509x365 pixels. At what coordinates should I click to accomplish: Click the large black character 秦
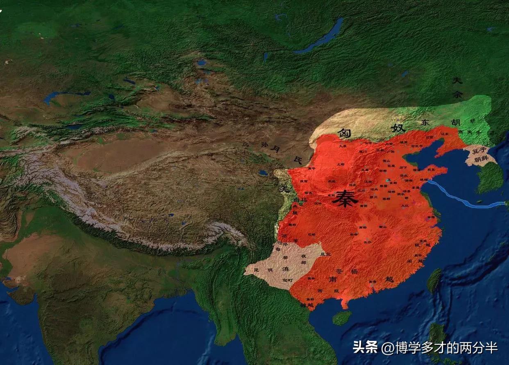pos(343,198)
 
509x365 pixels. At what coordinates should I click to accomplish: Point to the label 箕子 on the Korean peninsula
pos(478,151)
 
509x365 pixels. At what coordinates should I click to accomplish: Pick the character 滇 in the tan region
pos(286,270)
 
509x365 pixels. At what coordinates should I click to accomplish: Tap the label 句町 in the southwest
pos(287,281)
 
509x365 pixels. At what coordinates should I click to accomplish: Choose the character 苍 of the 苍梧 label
pos(339,271)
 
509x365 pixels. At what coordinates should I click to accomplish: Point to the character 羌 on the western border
pos(282,189)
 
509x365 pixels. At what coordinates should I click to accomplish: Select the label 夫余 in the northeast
pos(457,87)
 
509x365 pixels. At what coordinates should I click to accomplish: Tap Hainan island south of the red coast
pos(341,317)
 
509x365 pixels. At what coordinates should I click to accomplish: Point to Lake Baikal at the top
pos(324,37)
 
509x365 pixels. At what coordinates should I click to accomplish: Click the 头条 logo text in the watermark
pos(365,347)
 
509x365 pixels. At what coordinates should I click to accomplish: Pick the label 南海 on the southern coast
pos(372,282)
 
